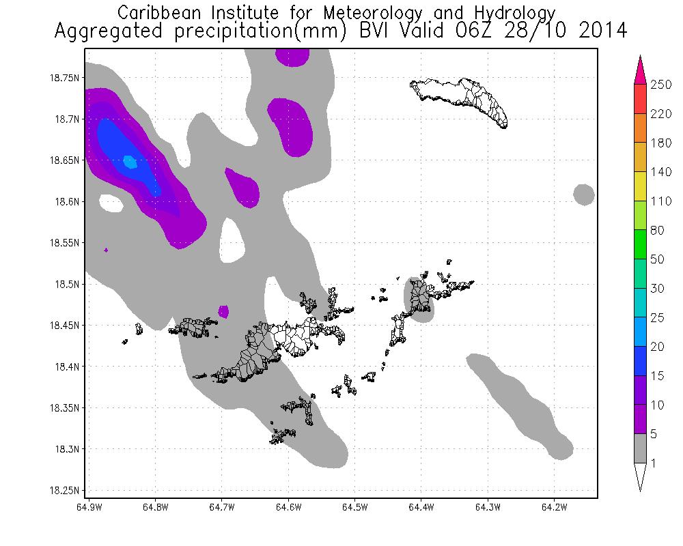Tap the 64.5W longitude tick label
click(355, 507)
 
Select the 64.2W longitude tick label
click(554, 507)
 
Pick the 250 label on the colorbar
click(661, 84)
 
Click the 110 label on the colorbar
click(660, 201)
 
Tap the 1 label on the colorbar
click(654, 464)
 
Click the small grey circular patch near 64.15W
click(583, 195)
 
